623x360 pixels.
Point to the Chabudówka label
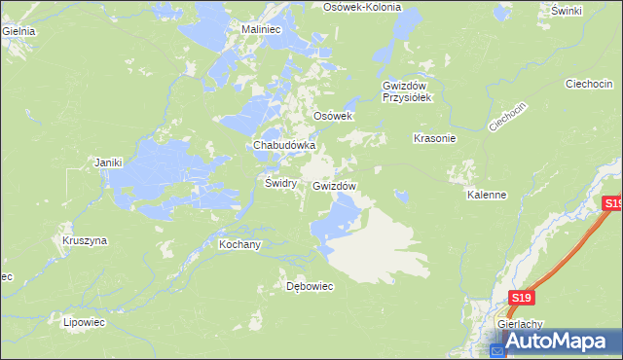point(284,145)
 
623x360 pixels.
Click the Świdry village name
point(280,183)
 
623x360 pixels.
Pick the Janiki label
point(109,162)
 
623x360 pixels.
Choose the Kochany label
point(239,244)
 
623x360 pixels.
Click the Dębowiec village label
point(310,286)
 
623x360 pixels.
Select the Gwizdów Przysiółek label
point(413,90)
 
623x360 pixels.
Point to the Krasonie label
point(435,138)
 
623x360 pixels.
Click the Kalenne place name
point(487,195)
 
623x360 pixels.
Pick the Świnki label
point(566,11)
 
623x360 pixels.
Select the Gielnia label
point(18,31)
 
